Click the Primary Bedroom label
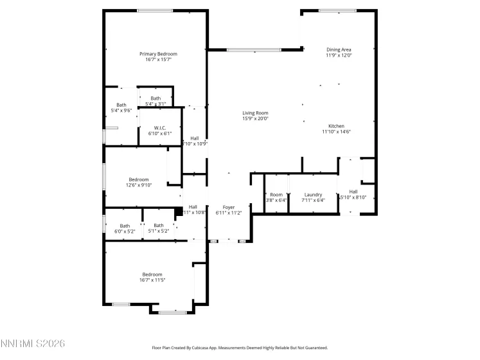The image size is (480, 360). (x=158, y=54)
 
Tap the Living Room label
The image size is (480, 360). (x=255, y=113)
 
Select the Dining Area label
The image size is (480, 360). (x=339, y=50)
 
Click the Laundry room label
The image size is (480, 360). (x=313, y=194)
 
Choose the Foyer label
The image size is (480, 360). (x=228, y=207)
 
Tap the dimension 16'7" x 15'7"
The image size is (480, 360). (x=158, y=60)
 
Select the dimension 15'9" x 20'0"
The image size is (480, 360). (x=255, y=118)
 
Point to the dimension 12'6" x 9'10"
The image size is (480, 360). (x=139, y=186)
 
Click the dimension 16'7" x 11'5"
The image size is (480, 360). (x=152, y=280)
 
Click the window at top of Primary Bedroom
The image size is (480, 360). (x=154, y=10)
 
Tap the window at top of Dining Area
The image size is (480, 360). (x=337, y=10)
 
